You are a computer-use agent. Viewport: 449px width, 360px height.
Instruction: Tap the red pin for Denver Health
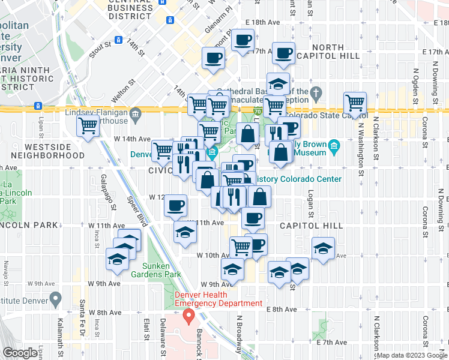click(x=188, y=315)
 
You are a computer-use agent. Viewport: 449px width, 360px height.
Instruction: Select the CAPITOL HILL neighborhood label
click(x=312, y=226)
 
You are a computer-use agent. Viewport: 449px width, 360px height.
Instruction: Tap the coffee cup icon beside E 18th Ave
click(x=243, y=41)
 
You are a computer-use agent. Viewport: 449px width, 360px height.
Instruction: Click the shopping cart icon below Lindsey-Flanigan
click(x=88, y=126)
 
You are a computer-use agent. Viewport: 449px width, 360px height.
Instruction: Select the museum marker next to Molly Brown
click(x=334, y=145)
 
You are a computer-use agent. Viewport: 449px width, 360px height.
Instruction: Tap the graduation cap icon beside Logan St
click(x=323, y=247)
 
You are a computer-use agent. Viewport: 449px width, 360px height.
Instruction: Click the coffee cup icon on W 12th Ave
click(x=175, y=206)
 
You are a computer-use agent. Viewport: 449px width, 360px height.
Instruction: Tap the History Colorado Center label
click(x=300, y=179)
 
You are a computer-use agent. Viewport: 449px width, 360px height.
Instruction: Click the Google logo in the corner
click(x=20, y=353)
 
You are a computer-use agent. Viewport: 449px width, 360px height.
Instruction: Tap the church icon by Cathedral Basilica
click(x=318, y=92)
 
